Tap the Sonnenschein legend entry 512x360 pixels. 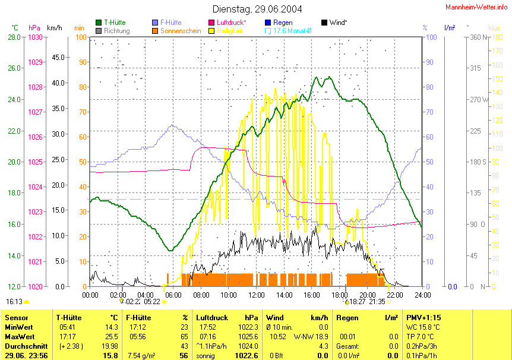[x=181, y=30]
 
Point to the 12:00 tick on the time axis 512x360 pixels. [x=257, y=294]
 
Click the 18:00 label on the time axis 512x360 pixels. [x=340, y=294]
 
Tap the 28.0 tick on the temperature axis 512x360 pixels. [x=14, y=37]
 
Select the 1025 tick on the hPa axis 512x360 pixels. [x=36, y=162]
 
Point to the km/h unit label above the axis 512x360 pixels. [x=54, y=28]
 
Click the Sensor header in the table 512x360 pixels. [x=16, y=318]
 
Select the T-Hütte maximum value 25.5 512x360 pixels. [x=111, y=336]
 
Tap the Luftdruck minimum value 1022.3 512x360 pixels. [x=249, y=327]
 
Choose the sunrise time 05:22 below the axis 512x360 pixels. [x=153, y=302]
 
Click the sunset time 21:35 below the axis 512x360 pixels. [x=377, y=302]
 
